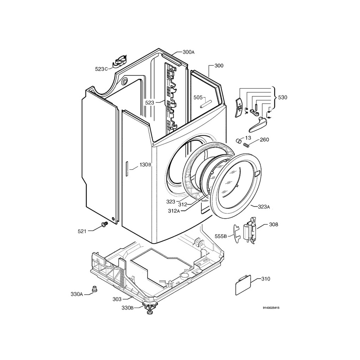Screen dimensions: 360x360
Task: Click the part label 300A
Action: tap(188, 52)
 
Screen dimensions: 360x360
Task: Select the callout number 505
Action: tap(198, 98)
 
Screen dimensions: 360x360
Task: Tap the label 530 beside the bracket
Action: tap(283, 98)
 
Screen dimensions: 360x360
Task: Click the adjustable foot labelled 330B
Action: tap(150, 307)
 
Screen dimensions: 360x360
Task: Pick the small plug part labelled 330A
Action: tap(94, 289)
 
